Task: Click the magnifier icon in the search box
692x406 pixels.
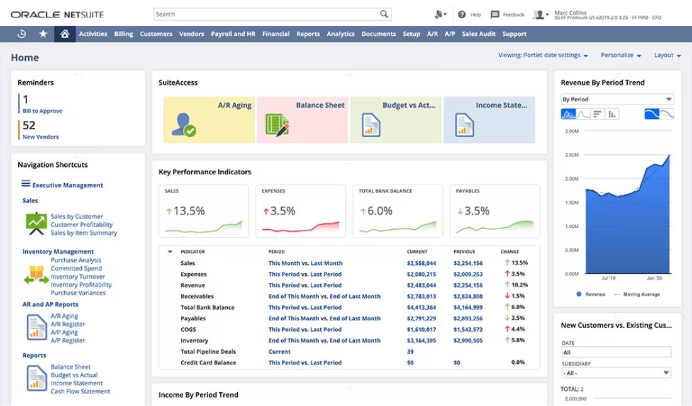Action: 384,14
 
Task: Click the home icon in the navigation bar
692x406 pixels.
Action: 64,34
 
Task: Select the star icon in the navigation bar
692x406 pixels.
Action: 43,34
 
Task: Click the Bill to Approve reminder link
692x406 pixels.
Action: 42,111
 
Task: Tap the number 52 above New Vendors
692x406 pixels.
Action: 29,125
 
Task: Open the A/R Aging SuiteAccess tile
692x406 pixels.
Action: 209,120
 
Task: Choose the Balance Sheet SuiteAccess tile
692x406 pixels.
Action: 303,120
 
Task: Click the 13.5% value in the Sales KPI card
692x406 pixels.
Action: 189,211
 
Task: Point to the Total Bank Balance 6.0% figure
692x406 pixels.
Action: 379,211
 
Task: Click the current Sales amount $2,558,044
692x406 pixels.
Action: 421,263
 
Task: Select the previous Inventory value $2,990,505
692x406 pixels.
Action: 468,341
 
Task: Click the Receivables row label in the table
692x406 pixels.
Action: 197,296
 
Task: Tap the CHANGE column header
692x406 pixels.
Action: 510,252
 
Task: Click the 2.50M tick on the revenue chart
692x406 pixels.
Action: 571,155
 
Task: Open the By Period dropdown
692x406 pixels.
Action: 617,99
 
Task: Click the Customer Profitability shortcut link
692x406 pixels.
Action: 82,225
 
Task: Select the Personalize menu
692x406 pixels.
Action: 620,55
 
